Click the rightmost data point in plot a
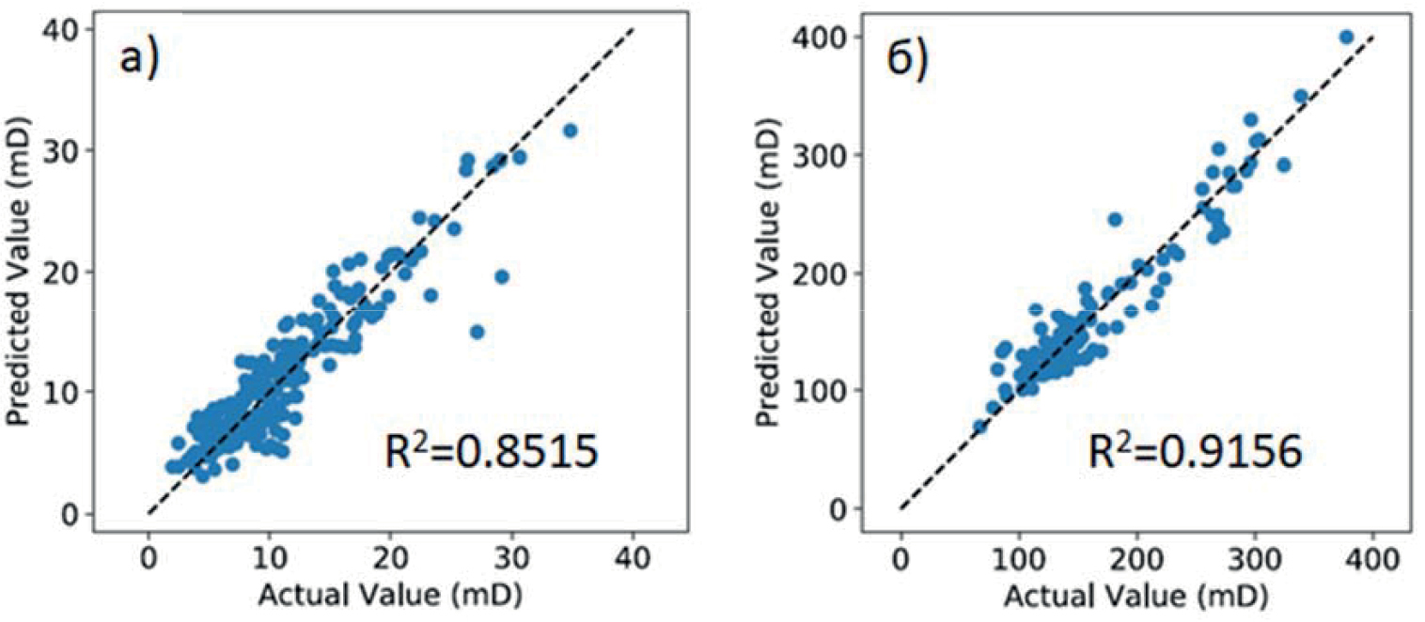pos(570,130)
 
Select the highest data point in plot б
pos(1346,37)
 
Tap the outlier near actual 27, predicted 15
pos(477,332)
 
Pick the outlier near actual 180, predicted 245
pos(1115,219)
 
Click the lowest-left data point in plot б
pos(979,427)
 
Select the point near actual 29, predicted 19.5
pos(501,276)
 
